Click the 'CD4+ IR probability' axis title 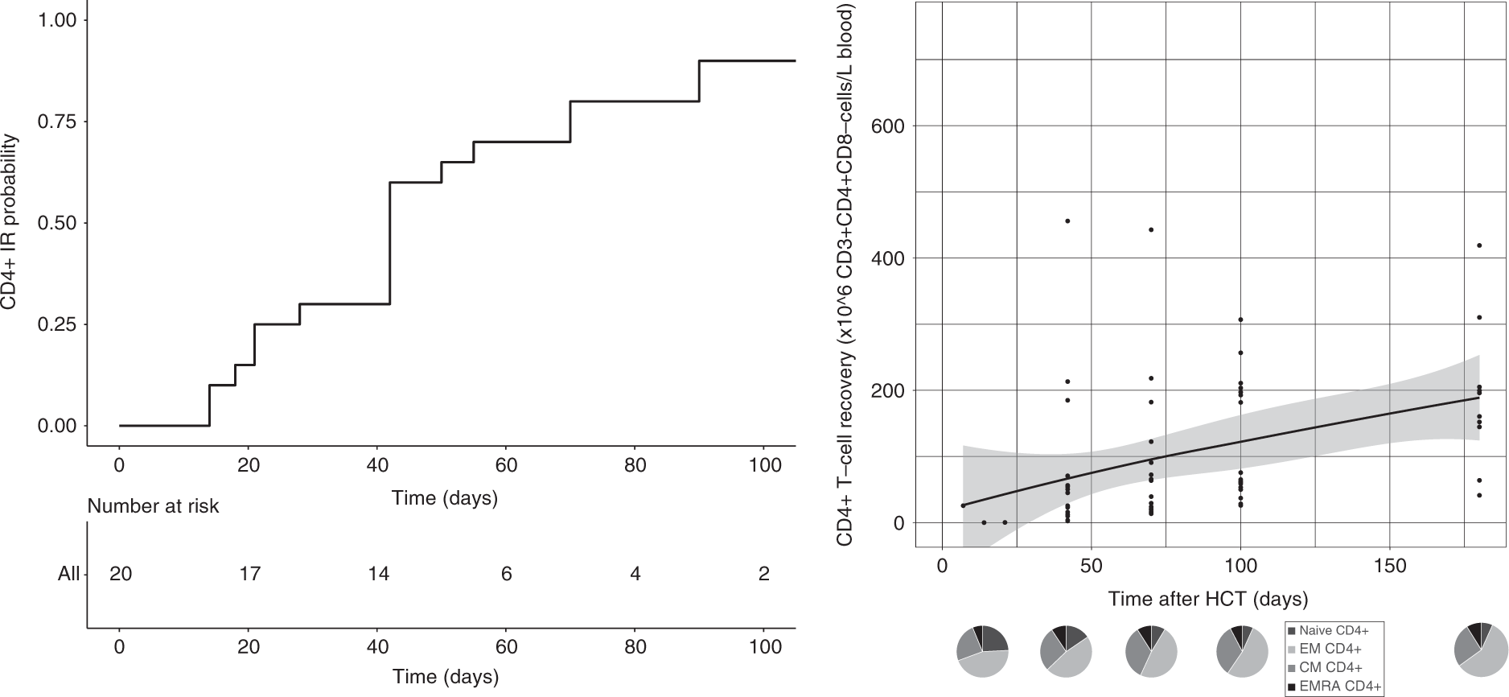tap(10, 222)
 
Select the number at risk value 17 tap(249, 574)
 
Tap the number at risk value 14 tap(378, 574)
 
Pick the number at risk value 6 tap(506, 574)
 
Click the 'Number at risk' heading tap(153, 506)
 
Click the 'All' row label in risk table tap(69, 575)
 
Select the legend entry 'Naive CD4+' tap(1333, 631)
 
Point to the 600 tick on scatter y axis tap(889, 126)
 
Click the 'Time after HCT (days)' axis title tap(1208, 599)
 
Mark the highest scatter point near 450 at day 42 tap(1067, 221)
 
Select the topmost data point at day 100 tap(1240, 320)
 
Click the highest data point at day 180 tap(1479, 245)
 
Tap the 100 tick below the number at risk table tap(764, 647)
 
